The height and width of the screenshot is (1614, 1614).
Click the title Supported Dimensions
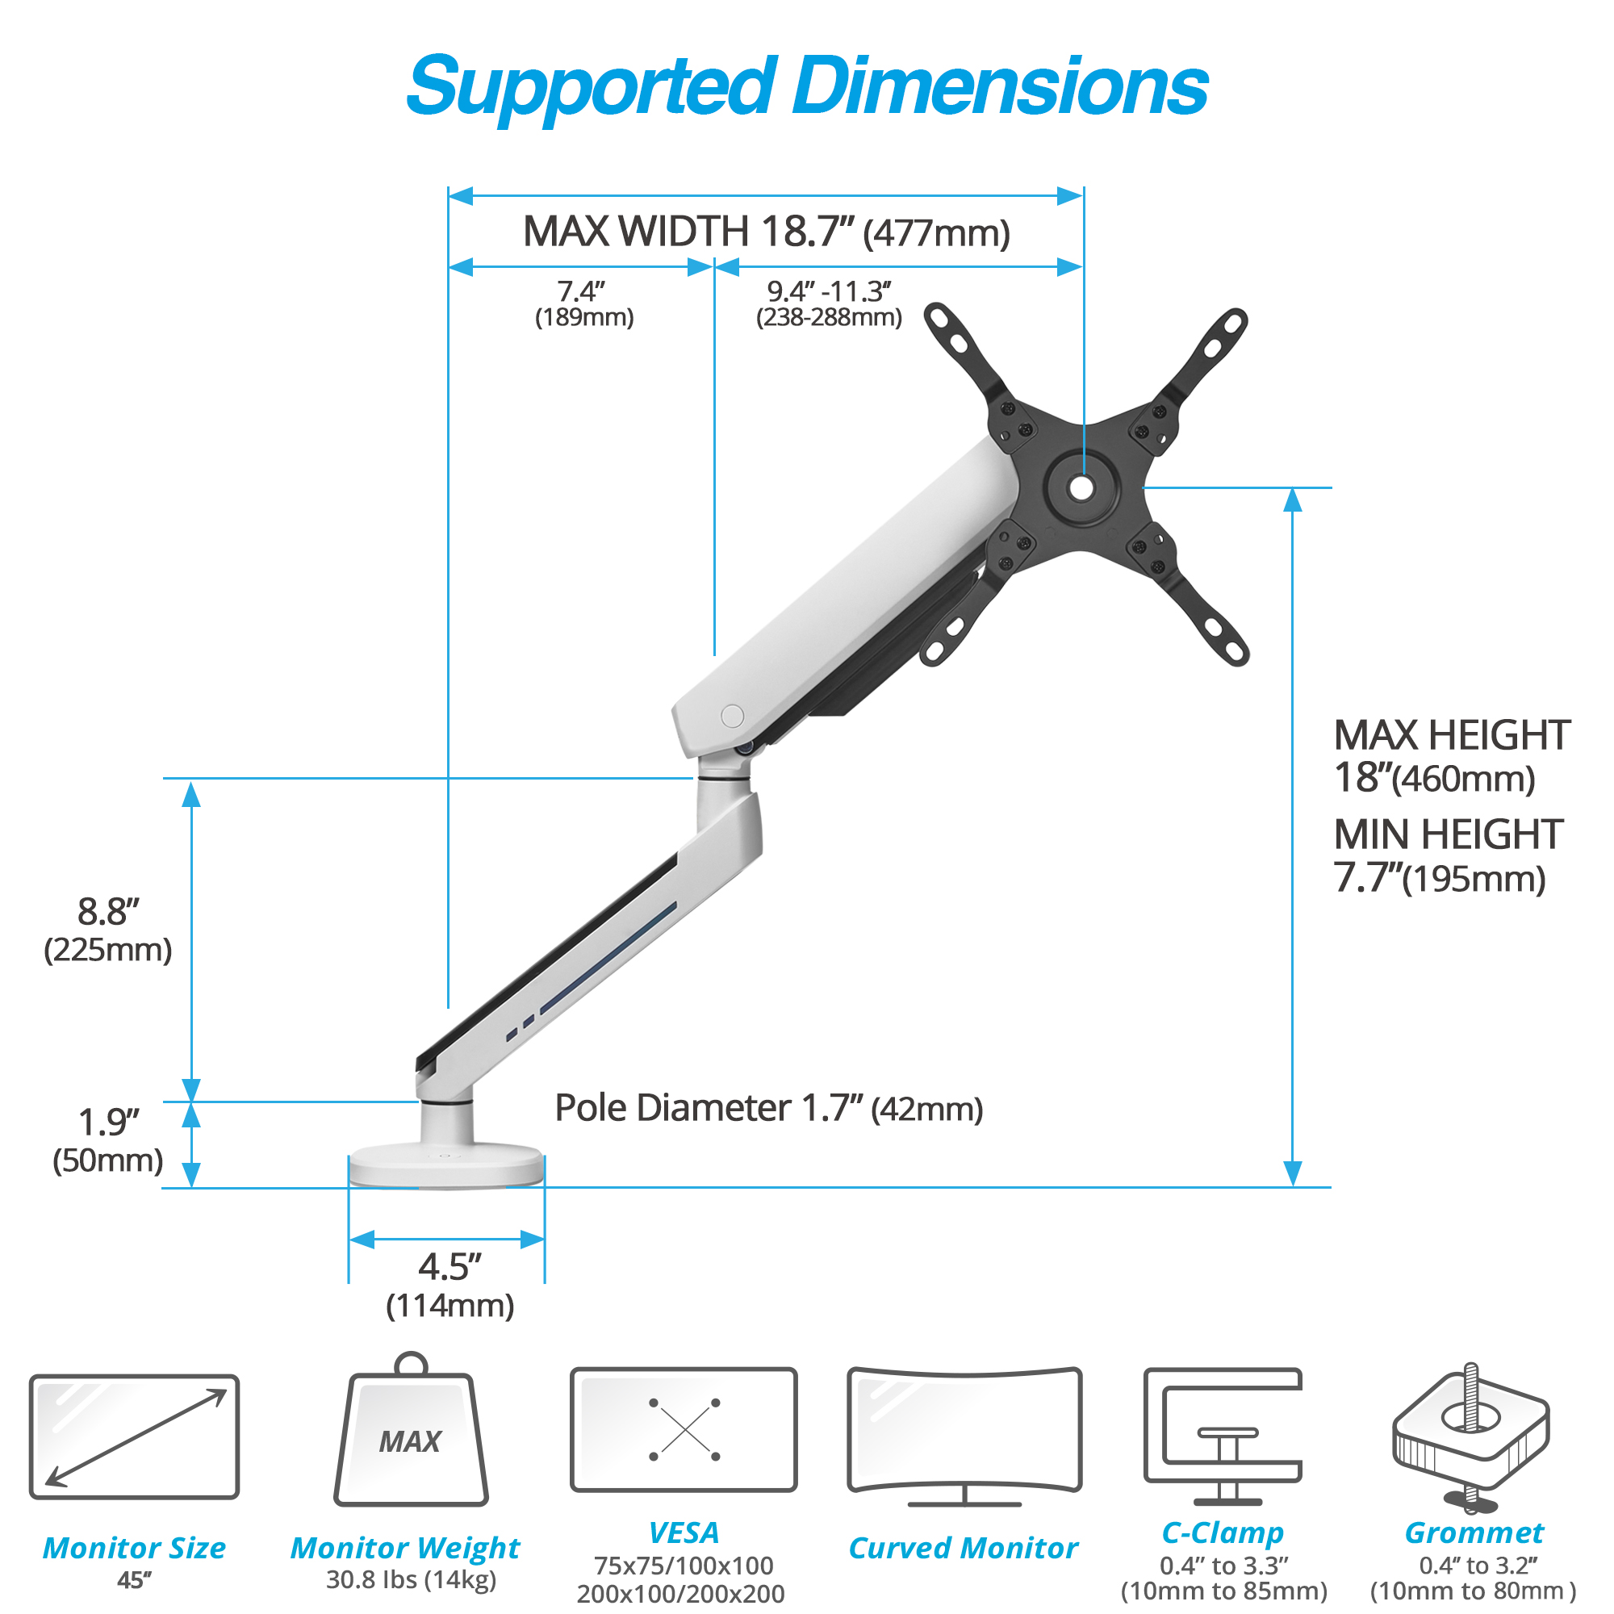click(807, 88)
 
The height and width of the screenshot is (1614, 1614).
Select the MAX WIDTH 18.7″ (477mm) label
click(766, 232)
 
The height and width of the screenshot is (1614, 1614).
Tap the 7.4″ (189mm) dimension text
click(584, 304)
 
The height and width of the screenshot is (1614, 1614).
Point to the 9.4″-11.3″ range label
click(829, 304)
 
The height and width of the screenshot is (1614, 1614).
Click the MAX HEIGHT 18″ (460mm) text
click(1452, 756)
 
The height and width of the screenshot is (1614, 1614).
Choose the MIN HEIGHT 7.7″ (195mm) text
click(1448, 855)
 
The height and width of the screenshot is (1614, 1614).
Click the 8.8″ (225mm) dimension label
click(108, 930)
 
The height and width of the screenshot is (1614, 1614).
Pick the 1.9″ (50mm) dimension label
click(108, 1140)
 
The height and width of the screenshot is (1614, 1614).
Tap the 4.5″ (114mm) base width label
click(449, 1286)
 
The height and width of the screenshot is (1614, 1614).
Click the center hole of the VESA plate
click(1082, 489)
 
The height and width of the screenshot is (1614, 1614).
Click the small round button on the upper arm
click(732, 716)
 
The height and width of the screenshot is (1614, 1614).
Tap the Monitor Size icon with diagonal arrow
click(135, 1436)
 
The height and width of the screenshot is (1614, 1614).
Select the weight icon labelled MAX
click(411, 1431)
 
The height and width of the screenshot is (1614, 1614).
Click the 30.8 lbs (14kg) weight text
click(411, 1580)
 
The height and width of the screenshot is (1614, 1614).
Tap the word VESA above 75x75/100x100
click(684, 1533)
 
